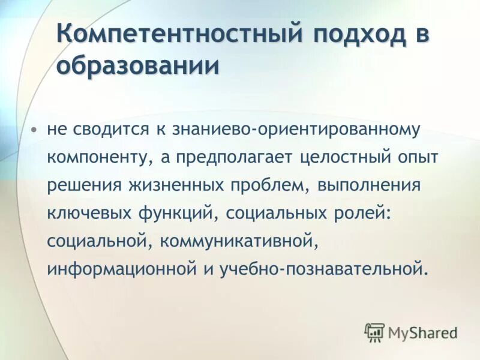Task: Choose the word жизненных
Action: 174,185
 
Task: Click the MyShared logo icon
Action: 375,332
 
